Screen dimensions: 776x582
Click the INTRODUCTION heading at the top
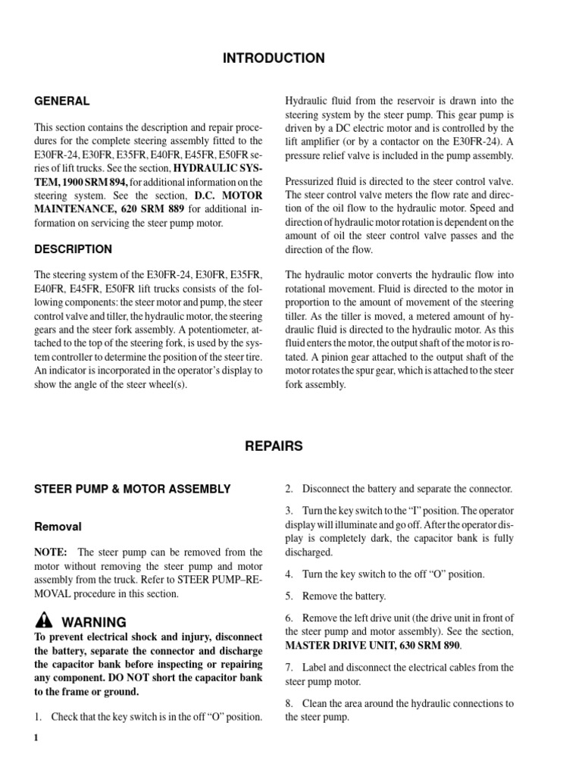(x=274, y=58)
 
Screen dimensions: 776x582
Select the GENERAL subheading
(x=62, y=101)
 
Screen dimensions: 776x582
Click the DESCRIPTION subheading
(x=73, y=249)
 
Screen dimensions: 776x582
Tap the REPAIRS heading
(x=274, y=446)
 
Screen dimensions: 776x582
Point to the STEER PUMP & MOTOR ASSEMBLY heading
(x=133, y=490)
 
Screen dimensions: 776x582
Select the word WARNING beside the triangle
(x=93, y=621)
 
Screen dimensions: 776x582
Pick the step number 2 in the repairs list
(x=289, y=489)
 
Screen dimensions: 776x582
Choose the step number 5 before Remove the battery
(x=289, y=596)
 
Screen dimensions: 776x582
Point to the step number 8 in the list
(x=289, y=703)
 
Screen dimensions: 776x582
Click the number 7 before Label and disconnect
(x=289, y=667)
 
